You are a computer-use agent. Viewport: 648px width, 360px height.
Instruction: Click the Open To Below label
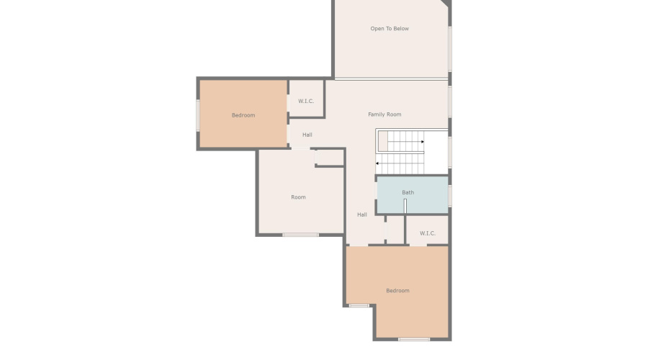[390, 29]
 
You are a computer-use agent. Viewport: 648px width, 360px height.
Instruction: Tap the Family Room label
[384, 114]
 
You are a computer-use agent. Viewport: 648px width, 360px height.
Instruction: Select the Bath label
[408, 192]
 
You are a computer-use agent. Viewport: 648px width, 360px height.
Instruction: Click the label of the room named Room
[298, 197]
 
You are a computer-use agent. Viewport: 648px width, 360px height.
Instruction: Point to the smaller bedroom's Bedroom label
[243, 115]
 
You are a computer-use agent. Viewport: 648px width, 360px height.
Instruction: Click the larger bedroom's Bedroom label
[397, 291]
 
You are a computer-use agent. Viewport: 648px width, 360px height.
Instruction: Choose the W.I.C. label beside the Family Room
[306, 102]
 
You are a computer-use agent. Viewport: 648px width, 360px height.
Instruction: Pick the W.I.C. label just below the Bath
[427, 233]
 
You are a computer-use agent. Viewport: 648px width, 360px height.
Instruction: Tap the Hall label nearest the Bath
[362, 215]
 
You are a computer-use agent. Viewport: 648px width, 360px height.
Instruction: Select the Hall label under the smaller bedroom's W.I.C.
[307, 135]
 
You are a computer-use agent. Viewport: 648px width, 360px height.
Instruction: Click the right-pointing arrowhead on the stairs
[423, 142]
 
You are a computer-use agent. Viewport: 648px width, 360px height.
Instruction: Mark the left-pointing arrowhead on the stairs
[377, 163]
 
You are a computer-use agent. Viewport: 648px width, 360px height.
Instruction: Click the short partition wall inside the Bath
[405, 206]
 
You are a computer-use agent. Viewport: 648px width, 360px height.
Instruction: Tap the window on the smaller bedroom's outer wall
[198, 116]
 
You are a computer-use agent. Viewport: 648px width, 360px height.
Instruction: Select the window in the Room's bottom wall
[300, 235]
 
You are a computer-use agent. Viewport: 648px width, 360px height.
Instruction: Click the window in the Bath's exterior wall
[450, 196]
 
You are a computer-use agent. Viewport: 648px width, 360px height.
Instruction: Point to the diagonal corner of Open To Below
[446, 3]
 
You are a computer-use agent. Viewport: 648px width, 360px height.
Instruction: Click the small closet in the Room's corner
[329, 158]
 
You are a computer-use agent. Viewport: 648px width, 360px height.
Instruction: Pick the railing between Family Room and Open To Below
[392, 78]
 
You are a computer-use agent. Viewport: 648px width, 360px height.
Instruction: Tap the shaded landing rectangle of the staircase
[383, 141]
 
